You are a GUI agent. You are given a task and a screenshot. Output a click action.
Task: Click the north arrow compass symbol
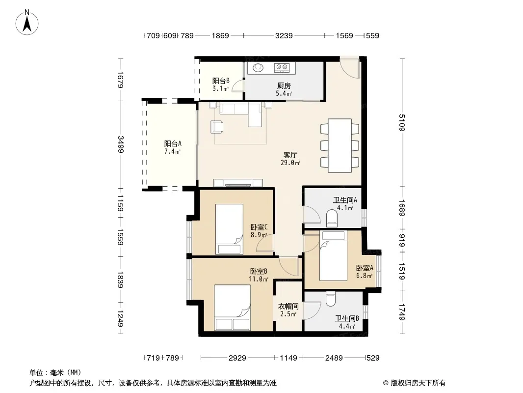click(27, 23)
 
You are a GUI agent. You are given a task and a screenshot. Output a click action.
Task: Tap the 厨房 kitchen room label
click(284, 86)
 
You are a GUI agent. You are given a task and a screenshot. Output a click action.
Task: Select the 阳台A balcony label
click(173, 144)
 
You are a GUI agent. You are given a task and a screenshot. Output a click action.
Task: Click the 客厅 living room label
click(290, 155)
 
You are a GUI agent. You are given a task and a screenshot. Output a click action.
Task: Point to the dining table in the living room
click(340, 145)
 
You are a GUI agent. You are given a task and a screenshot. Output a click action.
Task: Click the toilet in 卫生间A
click(332, 217)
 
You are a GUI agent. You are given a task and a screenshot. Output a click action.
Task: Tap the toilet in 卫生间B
click(331, 299)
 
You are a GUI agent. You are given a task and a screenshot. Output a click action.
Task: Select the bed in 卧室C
click(229, 229)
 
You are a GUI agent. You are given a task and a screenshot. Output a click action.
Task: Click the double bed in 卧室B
click(232, 308)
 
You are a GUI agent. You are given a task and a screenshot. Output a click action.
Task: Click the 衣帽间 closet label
click(288, 306)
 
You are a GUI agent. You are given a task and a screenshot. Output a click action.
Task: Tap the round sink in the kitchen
click(258, 67)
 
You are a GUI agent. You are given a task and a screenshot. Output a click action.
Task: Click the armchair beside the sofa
click(217, 127)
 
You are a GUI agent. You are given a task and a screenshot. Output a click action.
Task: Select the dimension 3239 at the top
click(284, 35)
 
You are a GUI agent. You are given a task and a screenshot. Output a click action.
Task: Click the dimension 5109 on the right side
click(402, 122)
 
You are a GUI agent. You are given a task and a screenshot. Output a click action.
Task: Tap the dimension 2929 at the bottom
click(237, 358)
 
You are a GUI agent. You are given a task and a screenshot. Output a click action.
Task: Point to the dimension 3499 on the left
click(120, 144)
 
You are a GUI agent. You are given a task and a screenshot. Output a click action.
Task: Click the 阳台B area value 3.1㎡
click(220, 89)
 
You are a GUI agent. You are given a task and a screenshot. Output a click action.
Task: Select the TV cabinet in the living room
click(238, 183)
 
